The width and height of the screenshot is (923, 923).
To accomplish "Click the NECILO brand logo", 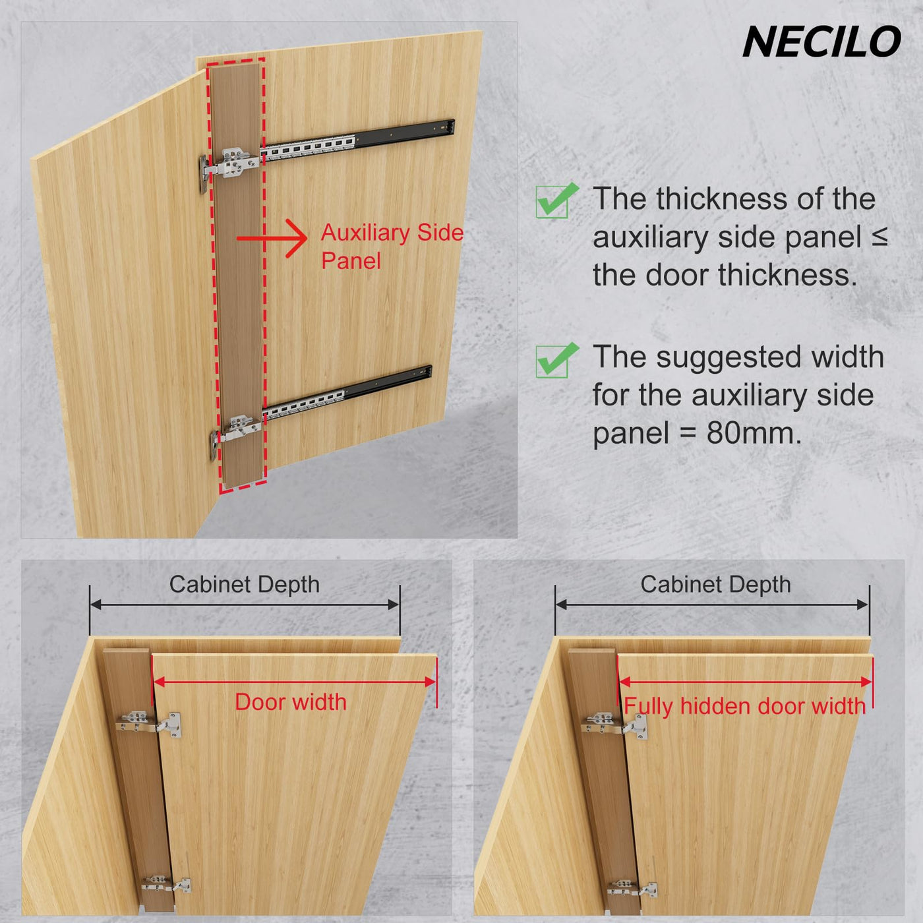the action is pos(821,42).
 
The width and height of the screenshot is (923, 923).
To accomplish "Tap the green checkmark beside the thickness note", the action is pos(556,200).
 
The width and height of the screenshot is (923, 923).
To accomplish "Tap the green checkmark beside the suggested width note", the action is pos(556,361).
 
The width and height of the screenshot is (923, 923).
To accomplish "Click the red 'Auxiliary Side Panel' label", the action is pos(392,247).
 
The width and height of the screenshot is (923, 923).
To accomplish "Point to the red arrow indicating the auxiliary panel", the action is pos(272,238).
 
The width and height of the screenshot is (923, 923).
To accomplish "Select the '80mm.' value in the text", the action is pos(754,433).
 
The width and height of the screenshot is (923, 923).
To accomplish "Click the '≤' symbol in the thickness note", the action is pos(879,237).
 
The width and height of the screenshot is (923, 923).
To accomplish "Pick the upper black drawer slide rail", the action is pos(357,139).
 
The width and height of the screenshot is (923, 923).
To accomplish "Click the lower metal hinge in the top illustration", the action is pos(235,432).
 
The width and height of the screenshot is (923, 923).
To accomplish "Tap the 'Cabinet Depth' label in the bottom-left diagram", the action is pos(245,584).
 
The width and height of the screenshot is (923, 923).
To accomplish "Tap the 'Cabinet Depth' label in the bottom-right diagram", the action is pos(715,584).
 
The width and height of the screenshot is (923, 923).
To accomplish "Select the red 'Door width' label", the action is pos(291,702).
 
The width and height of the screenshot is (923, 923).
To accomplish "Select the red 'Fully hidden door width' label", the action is pos(745,706).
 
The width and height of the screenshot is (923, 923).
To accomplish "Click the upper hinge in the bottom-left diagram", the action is pos(148,723).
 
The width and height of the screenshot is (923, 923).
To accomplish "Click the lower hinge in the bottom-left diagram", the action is pos(166,883).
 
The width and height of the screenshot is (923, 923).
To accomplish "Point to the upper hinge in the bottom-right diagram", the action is pos(614,726).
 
